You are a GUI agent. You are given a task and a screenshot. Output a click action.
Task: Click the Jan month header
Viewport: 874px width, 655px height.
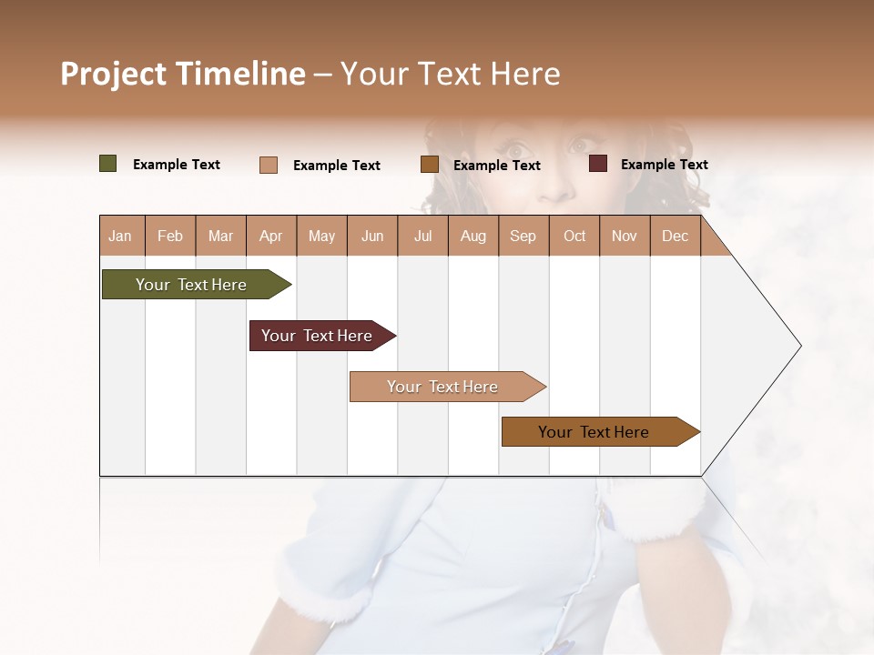click(120, 236)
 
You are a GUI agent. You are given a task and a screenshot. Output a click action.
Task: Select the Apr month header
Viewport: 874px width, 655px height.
click(270, 236)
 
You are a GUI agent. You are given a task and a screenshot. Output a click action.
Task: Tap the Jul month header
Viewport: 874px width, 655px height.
click(422, 236)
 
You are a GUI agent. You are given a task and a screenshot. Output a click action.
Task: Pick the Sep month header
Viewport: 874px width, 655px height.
click(523, 236)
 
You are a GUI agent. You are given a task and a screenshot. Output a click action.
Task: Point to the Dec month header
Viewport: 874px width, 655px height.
click(675, 236)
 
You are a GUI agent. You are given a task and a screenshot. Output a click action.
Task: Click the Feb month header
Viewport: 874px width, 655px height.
click(170, 236)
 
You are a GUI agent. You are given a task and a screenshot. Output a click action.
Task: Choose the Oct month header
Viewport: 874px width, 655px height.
click(574, 236)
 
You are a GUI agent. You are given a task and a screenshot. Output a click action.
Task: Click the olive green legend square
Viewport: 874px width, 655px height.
click(108, 164)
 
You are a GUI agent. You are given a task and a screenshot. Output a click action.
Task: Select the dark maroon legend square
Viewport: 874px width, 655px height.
click(598, 164)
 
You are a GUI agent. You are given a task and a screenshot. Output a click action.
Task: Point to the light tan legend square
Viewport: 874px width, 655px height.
click(269, 165)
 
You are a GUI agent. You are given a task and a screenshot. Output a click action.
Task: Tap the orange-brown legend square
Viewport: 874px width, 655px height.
click(430, 165)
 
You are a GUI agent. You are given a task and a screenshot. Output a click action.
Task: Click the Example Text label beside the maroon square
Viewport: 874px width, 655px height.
click(664, 164)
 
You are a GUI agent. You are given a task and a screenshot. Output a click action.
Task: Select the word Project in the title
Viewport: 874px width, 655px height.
click(113, 74)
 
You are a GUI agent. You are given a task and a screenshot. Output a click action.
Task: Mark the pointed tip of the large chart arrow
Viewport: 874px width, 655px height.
click(799, 346)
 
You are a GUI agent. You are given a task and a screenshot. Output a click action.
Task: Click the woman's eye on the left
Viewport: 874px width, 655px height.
click(514, 148)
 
